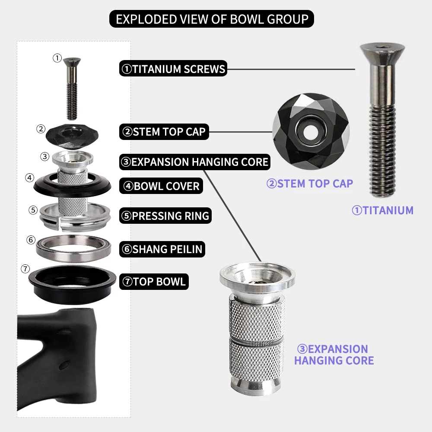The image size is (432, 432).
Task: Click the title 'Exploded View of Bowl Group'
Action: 212,19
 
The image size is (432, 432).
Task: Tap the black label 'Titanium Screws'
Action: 173,69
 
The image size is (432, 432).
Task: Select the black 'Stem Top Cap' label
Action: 164,132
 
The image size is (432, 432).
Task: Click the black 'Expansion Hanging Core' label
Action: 195,162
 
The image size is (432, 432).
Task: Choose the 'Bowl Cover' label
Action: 161,186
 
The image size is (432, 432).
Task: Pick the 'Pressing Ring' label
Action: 165,216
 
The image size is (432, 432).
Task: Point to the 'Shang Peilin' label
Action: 162,249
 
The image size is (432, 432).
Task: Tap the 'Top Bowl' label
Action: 154,282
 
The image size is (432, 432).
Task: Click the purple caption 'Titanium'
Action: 383,210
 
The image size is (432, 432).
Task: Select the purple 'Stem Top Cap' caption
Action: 310,184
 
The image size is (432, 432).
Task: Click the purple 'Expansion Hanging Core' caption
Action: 334,355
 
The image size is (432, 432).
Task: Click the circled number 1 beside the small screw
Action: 57,58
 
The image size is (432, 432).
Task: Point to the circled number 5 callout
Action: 33,210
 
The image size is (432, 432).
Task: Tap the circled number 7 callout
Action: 25,269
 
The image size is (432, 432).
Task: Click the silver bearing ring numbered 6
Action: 73,248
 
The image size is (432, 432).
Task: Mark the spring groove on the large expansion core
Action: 256,342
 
